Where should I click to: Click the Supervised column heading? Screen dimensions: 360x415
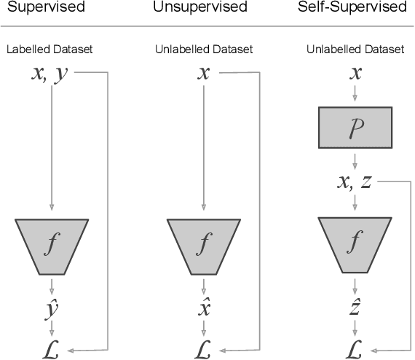point(43,8)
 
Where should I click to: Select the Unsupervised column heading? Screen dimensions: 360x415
point(200,8)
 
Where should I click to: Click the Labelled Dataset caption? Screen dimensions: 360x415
point(50,50)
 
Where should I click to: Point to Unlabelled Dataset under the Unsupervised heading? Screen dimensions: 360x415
point(204,50)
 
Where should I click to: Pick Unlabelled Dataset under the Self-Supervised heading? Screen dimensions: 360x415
point(355,50)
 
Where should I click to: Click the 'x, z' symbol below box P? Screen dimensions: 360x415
point(355,182)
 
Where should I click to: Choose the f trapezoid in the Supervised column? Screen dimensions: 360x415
point(52,243)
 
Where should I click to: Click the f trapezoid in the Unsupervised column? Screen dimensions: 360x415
point(204,243)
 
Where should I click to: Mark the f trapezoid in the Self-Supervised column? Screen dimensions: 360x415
point(355,243)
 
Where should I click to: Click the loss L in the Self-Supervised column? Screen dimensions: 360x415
point(355,348)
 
